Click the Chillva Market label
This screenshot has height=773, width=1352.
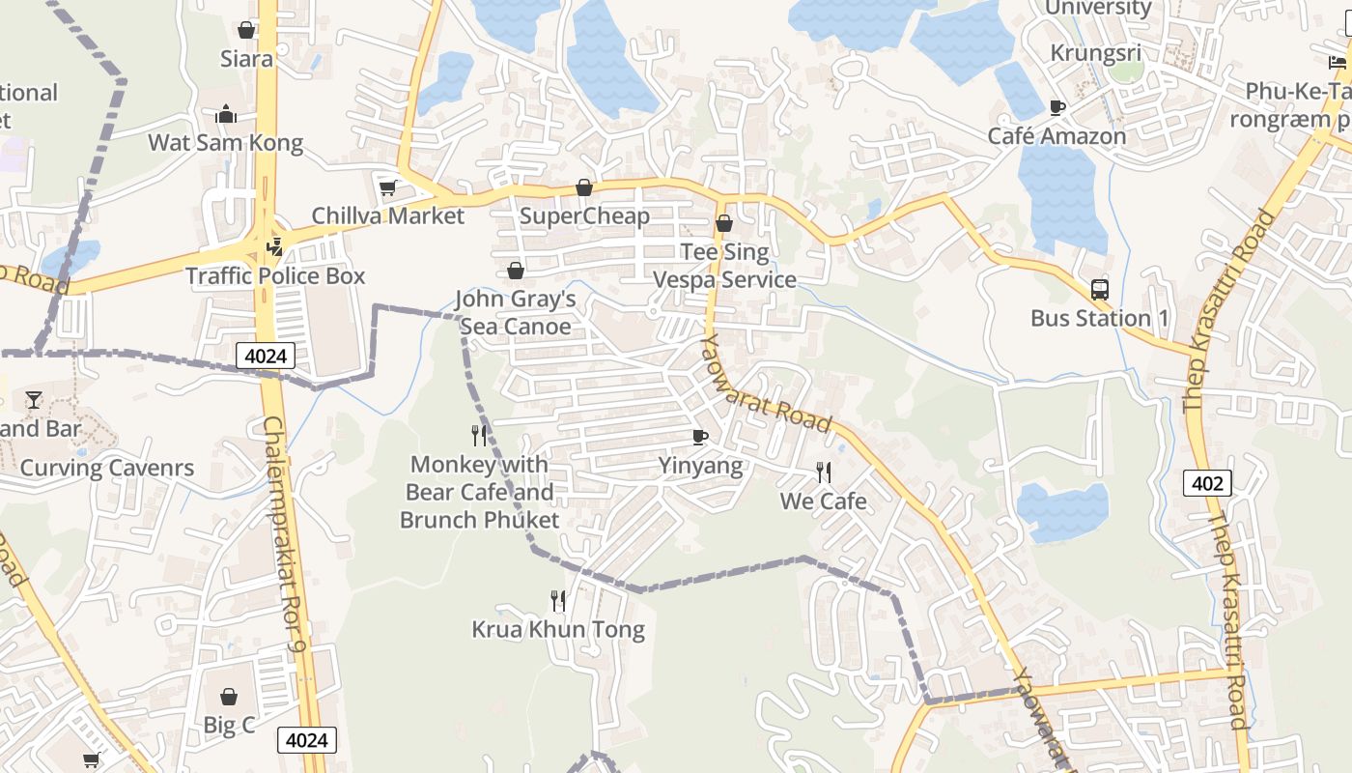point(387,215)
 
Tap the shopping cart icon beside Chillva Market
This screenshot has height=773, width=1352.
point(387,187)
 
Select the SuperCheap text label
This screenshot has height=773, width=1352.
point(584,215)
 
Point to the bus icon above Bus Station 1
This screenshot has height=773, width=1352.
point(1099,289)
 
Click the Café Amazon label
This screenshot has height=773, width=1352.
point(1056,136)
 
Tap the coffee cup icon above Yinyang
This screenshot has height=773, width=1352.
point(700,438)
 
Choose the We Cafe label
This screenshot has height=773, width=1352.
point(823,501)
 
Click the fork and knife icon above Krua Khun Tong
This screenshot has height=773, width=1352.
point(558,601)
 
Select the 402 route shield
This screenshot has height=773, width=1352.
point(1207,483)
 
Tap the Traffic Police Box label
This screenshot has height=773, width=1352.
point(275,276)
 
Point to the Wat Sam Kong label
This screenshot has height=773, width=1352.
point(225,143)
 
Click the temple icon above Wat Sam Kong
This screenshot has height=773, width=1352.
point(226,115)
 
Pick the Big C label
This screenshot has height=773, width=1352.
point(229,725)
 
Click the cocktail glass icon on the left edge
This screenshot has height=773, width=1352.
point(35,399)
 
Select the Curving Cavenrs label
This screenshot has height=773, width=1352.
point(107,469)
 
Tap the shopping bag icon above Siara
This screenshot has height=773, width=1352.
point(246,30)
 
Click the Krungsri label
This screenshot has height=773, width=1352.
point(1095,53)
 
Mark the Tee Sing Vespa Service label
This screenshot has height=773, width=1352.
point(724,266)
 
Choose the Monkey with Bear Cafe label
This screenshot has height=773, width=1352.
point(479,492)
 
